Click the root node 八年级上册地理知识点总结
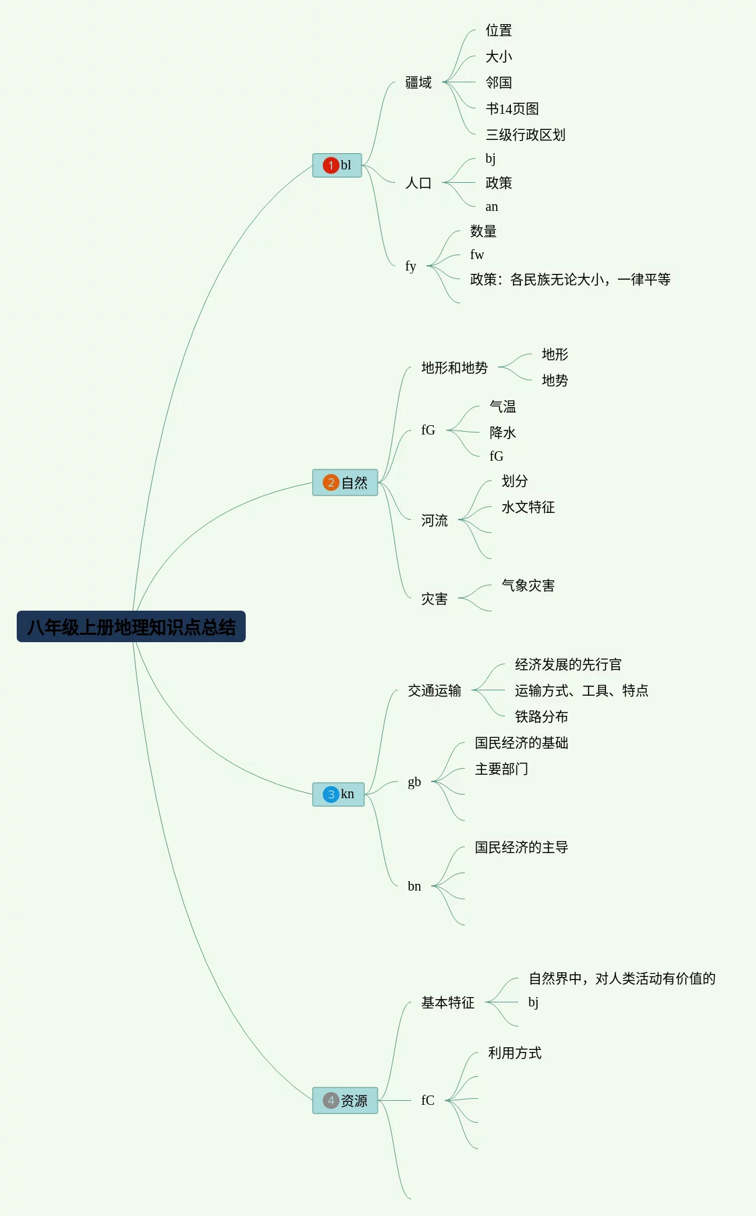click(x=131, y=627)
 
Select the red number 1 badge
click(x=330, y=165)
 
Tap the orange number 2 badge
click(x=330, y=483)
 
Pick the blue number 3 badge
click(x=330, y=794)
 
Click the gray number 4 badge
click(x=330, y=1100)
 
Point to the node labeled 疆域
click(x=419, y=82)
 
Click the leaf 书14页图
click(x=512, y=108)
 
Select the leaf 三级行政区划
click(x=526, y=135)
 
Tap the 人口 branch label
click(x=419, y=183)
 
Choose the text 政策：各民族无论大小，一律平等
click(x=570, y=279)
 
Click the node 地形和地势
click(x=455, y=368)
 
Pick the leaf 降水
click(x=503, y=433)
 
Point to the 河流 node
click(x=435, y=520)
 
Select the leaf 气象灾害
click(x=528, y=585)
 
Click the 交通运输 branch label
click(x=435, y=690)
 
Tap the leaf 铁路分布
click(x=542, y=716)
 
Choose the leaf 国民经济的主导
click(x=522, y=847)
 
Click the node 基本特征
click(x=448, y=1002)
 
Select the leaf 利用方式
click(x=515, y=1053)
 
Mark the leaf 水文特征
click(x=528, y=507)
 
